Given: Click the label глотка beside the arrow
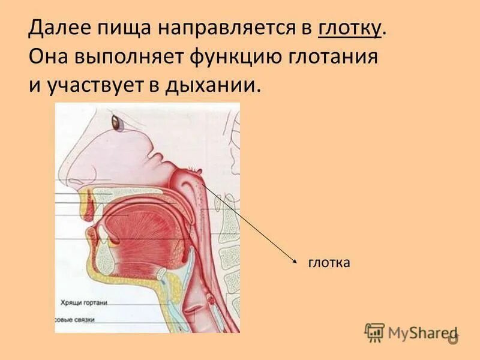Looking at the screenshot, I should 329,262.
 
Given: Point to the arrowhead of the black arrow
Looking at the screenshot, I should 295,260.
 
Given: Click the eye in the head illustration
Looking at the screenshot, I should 115,123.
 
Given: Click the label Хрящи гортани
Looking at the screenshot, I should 83,303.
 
